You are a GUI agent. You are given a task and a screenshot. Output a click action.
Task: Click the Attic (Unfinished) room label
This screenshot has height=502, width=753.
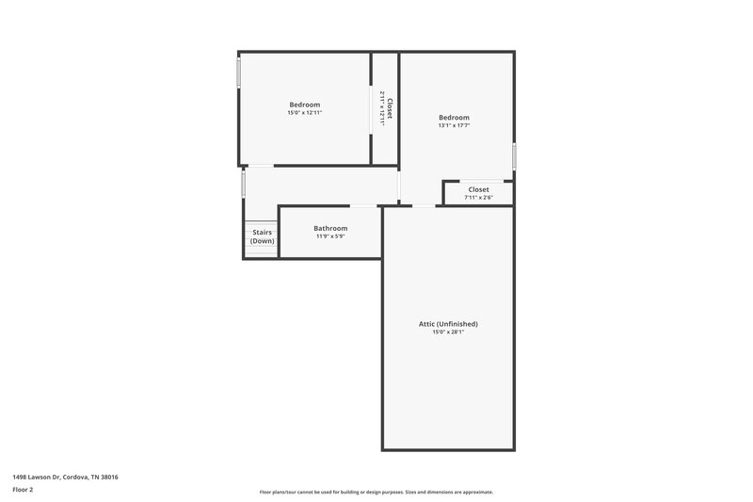point(448,324)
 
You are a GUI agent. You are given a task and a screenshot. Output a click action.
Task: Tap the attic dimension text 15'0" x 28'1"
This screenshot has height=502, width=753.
point(448,332)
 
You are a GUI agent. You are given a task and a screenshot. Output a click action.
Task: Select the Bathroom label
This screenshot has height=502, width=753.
point(330,228)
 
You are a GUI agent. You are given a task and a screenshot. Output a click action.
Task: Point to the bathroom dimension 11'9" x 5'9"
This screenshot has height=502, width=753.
point(330,236)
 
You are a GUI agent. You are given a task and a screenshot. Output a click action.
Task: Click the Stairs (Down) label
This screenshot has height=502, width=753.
point(263,236)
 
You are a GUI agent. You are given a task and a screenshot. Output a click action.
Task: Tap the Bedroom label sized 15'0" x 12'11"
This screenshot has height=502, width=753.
point(304,104)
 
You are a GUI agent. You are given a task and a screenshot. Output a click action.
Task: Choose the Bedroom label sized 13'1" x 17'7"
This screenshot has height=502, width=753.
point(454,117)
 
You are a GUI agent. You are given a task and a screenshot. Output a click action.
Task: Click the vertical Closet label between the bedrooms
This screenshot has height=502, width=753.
point(390,106)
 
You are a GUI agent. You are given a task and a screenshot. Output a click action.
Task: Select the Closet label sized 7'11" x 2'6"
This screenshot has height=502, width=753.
point(478,189)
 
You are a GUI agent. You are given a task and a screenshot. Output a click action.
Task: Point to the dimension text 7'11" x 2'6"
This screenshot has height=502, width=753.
point(478,198)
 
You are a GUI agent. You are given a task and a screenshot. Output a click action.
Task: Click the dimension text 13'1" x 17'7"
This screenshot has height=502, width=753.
point(454,125)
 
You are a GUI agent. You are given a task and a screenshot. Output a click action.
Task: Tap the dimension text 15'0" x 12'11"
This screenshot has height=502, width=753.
point(304,112)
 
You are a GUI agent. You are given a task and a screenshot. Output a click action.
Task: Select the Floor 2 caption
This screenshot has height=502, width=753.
point(23,490)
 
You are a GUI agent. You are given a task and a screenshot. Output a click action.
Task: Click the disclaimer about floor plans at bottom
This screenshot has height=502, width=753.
point(376,492)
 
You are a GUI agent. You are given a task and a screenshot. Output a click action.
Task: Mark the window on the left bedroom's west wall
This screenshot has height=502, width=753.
point(238,73)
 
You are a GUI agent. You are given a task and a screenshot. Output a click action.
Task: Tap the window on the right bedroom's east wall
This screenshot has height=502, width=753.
point(514,155)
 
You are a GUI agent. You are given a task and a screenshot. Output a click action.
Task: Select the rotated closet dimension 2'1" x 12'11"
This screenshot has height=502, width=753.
point(381,106)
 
